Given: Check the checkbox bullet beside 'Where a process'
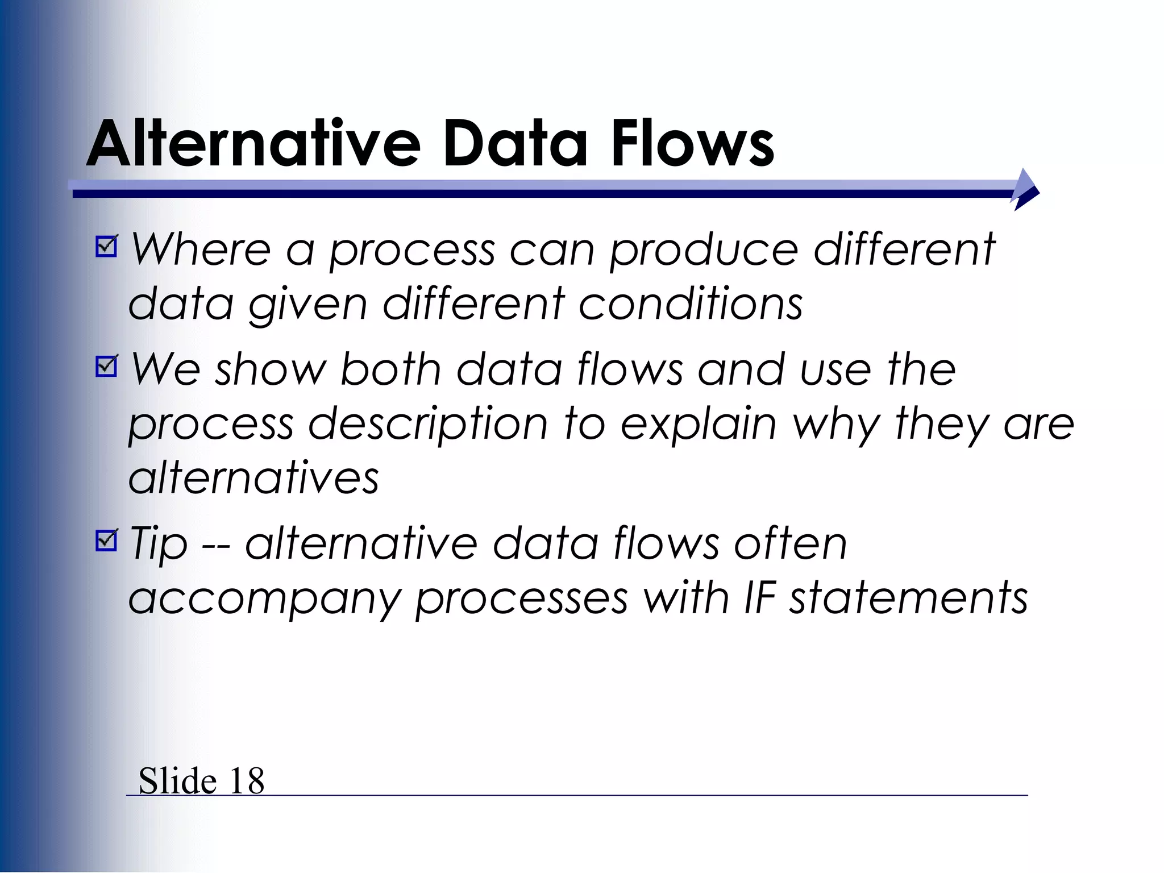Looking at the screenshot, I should [x=106, y=246].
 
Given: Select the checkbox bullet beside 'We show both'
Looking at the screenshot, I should [x=106, y=366].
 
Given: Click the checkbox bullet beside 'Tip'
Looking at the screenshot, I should [x=106, y=540].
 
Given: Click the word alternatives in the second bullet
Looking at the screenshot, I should [x=253, y=477].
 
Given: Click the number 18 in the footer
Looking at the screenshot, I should [x=247, y=781].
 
